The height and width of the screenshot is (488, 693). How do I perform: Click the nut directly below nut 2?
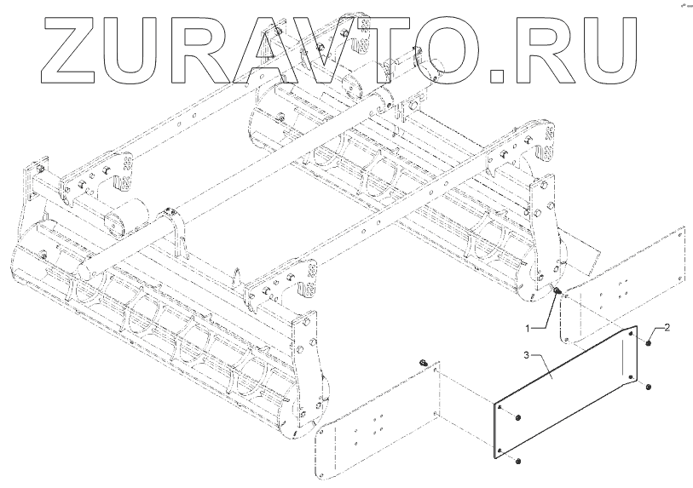tap(649, 388)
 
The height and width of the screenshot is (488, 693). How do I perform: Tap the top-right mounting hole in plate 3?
tap(630, 335)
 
